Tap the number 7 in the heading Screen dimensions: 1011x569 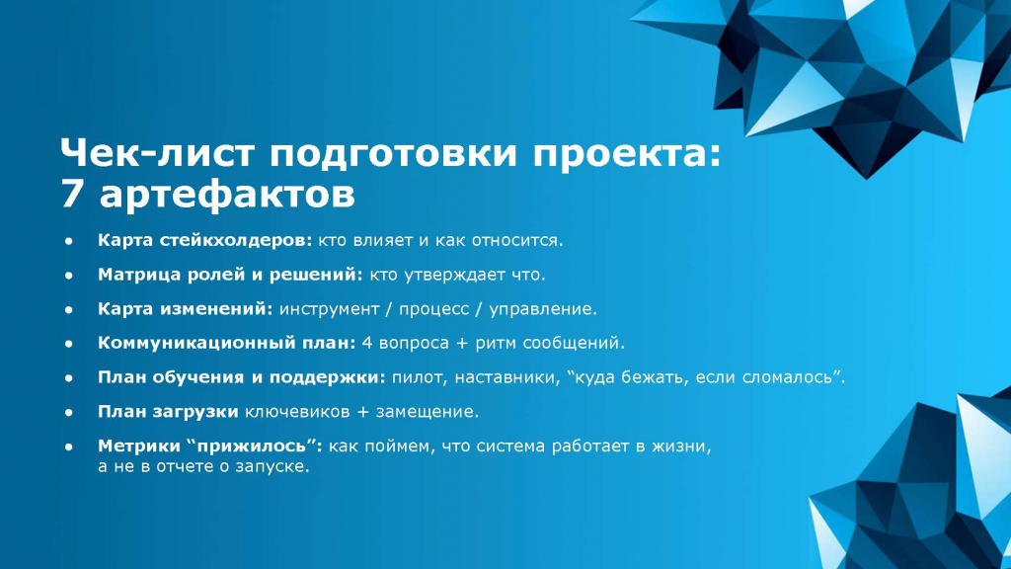pos(72,194)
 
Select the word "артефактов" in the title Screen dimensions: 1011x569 pos(227,195)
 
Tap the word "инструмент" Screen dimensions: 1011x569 pos(329,309)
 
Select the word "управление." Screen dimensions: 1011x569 pos(543,309)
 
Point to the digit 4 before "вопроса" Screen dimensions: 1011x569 pos(367,343)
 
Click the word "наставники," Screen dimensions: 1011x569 pos(507,376)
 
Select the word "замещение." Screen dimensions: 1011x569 pos(428,412)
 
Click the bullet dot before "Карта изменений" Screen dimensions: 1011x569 pos(69,309)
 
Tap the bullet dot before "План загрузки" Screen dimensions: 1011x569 pos(69,412)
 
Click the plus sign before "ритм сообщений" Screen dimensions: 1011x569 pos(462,343)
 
